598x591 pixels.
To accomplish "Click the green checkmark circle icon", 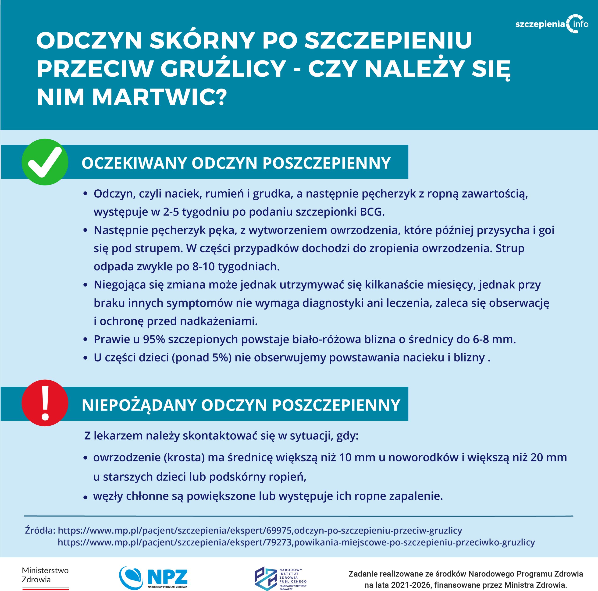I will pos(45,162).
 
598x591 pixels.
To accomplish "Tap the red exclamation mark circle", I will pos(45,403).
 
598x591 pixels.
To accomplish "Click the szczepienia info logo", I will pos(552,24).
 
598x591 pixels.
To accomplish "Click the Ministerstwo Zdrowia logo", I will pos(45,576).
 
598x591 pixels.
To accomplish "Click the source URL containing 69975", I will pos(260,530).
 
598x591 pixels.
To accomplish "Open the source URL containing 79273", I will pos(296,542).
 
